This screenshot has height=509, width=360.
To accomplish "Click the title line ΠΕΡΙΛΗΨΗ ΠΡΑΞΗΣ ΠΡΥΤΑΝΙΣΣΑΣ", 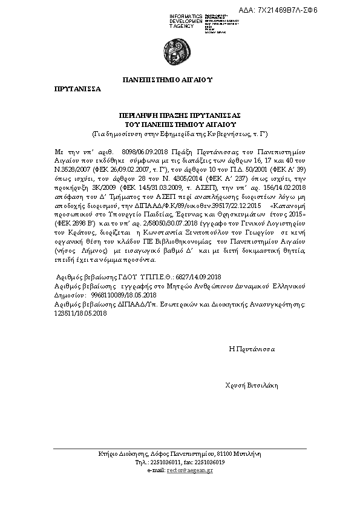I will click(180, 114).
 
